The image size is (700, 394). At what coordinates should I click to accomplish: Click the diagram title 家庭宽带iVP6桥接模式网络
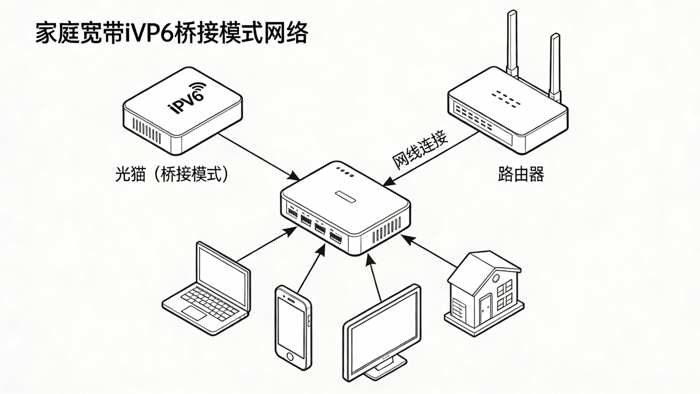coord(172,34)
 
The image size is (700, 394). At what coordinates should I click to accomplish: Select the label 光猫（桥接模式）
coord(171,174)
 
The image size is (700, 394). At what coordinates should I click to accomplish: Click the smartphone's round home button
coord(289,356)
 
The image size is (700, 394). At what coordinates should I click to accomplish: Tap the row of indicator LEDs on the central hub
coord(345,171)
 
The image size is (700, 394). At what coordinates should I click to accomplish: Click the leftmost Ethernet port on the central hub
coord(292,212)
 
